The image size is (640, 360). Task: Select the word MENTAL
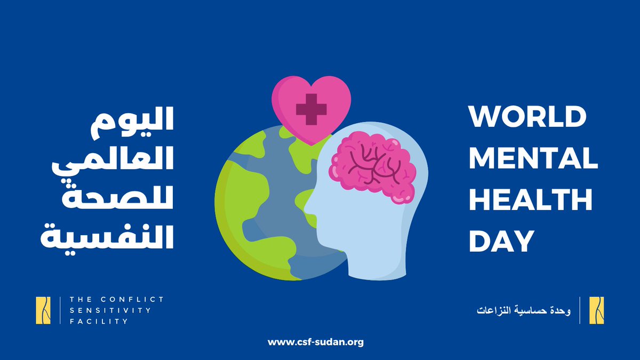point(533,158)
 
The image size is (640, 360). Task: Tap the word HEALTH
point(530,199)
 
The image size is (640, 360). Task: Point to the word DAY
point(501,241)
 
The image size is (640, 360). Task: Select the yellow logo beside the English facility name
point(44,310)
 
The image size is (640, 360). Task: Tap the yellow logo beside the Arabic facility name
point(596,310)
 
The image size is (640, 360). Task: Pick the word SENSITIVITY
point(110,310)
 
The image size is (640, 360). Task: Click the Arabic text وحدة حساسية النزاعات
point(523,310)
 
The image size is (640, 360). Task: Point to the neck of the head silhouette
point(373,261)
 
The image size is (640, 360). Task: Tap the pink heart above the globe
point(311,107)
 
